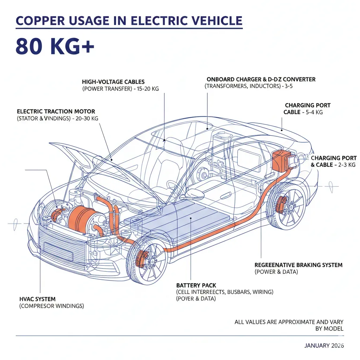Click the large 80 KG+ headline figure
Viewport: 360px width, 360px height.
click(55, 46)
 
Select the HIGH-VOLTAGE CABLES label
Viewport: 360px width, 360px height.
click(113, 82)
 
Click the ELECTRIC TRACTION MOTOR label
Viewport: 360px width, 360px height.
click(56, 111)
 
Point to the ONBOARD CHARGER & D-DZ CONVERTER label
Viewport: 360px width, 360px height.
click(261, 79)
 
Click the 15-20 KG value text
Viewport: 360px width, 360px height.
click(148, 89)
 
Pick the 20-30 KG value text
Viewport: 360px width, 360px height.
click(87, 118)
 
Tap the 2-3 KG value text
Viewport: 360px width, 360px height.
click(347, 165)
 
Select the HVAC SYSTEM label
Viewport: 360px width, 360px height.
click(37, 299)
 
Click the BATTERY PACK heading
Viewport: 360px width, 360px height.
click(196, 285)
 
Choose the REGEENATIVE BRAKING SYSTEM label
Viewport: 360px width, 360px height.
click(298, 265)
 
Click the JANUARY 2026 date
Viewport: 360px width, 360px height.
click(324, 346)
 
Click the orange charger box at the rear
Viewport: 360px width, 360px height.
click(280, 160)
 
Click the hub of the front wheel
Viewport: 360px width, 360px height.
click(152, 262)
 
